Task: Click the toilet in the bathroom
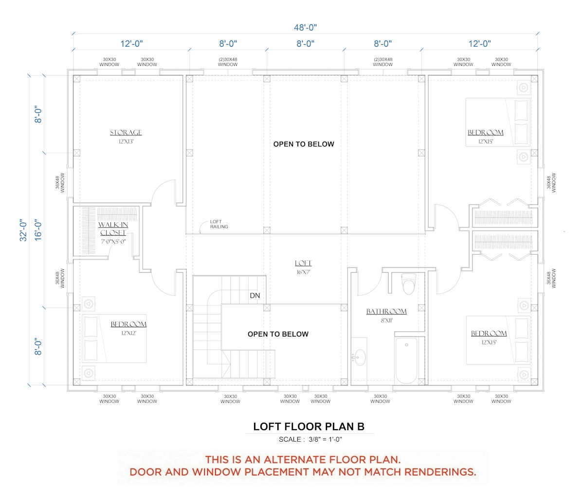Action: pyautogui.click(x=408, y=284)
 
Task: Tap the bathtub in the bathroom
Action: pyautogui.click(x=406, y=361)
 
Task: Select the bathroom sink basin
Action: pyautogui.click(x=360, y=357)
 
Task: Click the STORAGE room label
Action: pyautogui.click(x=126, y=132)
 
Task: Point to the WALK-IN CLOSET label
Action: pyautogui.click(x=113, y=229)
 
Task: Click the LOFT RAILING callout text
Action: pyautogui.click(x=219, y=224)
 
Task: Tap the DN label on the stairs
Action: pyautogui.click(x=255, y=296)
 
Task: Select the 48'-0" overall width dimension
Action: pyautogui.click(x=305, y=27)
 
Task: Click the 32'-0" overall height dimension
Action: pyautogui.click(x=23, y=230)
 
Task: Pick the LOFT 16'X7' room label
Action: pyautogui.click(x=303, y=267)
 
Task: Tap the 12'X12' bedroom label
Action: pyautogui.click(x=128, y=333)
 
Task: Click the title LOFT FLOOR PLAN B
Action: pyautogui.click(x=309, y=427)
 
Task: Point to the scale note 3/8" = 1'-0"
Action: pyautogui.click(x=325, y=439)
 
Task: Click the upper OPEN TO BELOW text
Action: pyautogui.click(x=304, y=144)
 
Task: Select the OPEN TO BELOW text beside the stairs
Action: pyautogui.click(x=278, y=334)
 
